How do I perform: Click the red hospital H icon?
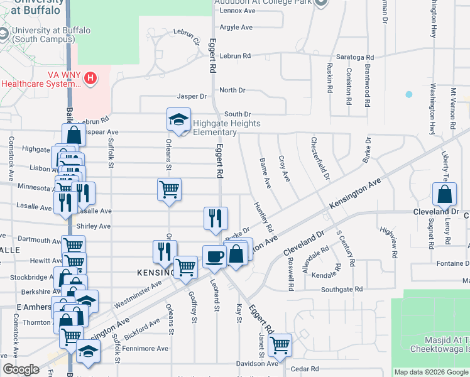92,78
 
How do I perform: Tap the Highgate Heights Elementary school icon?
178,119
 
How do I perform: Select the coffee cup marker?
214,256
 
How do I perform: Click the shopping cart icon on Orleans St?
169,188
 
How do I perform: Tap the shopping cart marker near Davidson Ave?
280,344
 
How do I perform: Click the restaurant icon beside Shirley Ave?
215,217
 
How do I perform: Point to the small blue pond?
409,94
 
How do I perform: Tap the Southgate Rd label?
342,289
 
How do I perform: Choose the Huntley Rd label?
263,216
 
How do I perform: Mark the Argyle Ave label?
236,27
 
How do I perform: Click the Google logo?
21,369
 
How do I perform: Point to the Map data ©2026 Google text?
430,372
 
